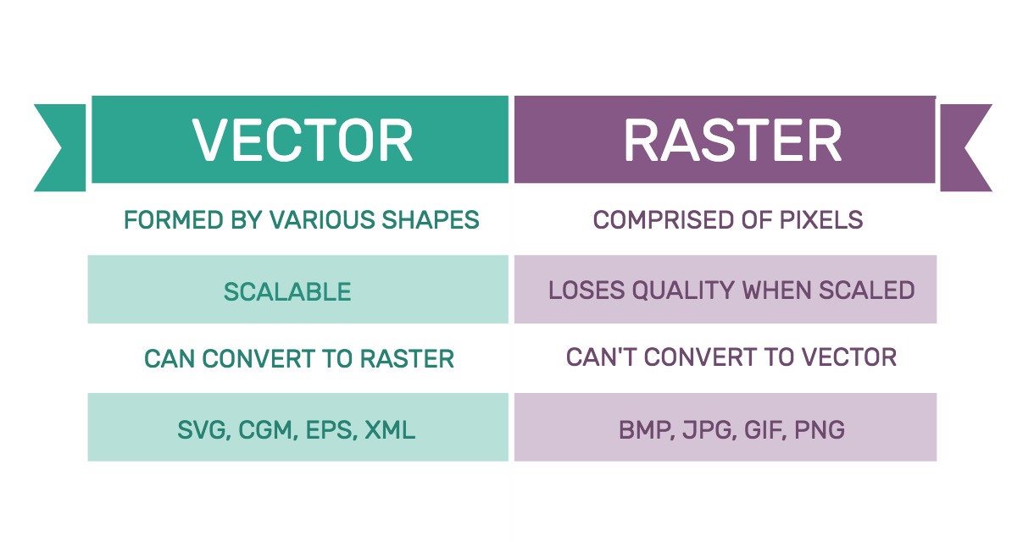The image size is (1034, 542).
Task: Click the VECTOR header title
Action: (303, 140)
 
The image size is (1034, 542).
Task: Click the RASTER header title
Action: (733, 140)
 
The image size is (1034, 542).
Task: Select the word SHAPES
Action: (431, 219)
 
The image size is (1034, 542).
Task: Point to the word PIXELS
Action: (821, 219)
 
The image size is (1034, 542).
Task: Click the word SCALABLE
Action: (287, 292)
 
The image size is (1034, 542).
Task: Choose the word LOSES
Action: (586, 290)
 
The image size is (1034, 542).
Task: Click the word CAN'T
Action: (601, 357)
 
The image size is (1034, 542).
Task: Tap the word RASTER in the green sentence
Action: (407, 359)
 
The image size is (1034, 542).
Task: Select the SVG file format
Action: (203, 430)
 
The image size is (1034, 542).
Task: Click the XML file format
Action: (390, 430)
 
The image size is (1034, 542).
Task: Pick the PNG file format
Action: (820, 430)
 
